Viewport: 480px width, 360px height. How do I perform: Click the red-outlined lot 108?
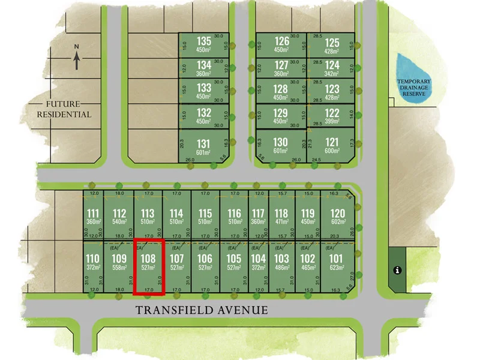(148, 267)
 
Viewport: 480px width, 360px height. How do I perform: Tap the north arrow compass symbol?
(77, 58)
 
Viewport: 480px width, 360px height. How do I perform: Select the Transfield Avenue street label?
(201, 310)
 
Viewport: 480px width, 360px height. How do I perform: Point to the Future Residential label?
(64, 109)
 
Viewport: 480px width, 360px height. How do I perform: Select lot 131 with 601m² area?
(204, 147)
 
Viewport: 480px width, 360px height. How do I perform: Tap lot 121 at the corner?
(332, 145)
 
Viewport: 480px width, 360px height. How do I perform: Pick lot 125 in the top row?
(332, 46)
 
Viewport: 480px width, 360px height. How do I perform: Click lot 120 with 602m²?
(338, 217)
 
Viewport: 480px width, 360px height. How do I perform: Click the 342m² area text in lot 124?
(332, 73)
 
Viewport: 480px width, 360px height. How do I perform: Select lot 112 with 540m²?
(119, 217)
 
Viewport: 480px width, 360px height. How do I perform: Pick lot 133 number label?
(204, 88)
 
